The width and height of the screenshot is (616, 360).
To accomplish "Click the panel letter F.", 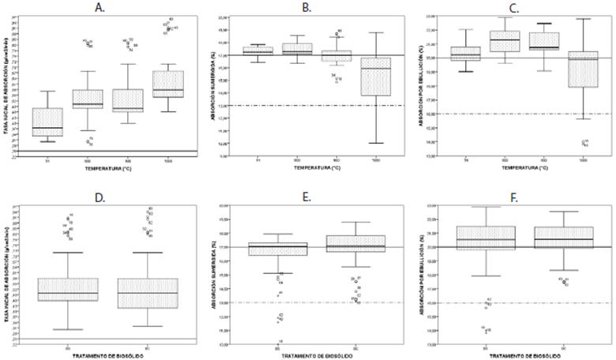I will click(515, 192).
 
